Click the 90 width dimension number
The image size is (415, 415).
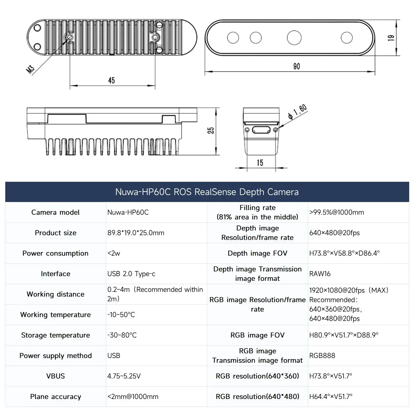tap(296, 66)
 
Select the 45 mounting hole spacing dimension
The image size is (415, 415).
tap(111, 81)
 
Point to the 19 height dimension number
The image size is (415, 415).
tap(391, 38)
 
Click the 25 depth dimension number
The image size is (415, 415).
tap(211, 131)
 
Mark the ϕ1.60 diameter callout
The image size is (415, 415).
tap(297, 112)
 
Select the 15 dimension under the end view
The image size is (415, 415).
tap(260, 163)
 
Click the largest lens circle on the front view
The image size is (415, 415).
tap(294, 38)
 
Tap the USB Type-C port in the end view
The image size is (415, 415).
tap(261, 130)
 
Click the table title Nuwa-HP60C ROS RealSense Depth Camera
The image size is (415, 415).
tap(207, 192)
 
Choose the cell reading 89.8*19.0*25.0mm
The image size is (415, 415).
tap(136, 233)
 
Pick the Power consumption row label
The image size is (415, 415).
tap(55, 253)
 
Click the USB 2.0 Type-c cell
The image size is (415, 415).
tap(131, 274)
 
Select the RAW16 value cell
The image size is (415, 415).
tap(320, 274)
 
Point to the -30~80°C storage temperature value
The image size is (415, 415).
tap(122, 335)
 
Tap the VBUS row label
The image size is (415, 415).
tap(55, 376)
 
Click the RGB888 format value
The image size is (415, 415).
tap(322, 356)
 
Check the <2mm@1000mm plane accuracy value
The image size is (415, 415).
tap(133, 397)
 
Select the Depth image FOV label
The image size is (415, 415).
tap(257, 253)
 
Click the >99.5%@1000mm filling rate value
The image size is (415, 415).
tap(336, 212)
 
